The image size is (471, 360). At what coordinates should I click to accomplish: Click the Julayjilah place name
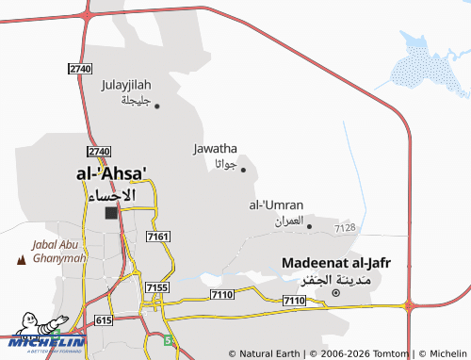tap(125, 85)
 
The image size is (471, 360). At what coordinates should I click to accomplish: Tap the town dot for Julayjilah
tap(157, 106)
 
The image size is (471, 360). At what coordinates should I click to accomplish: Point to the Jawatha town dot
tap(243, 170)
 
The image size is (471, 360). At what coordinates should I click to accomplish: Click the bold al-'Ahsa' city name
tap(111, 174)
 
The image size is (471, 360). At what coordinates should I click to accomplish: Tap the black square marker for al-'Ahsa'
tap(111, 213)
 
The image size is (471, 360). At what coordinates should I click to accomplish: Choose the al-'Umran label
tap(276, 205)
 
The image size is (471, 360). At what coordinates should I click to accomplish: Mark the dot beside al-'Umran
tap(309, 226)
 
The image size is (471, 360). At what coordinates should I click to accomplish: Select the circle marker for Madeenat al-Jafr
tap(335, 293)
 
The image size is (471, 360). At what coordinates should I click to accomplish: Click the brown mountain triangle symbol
tap(21, 258)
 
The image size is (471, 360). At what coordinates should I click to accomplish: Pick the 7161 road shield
tap(158, 236)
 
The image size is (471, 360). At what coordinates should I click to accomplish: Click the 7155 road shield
tap(157, 286)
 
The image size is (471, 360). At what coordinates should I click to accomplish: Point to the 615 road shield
tap(104, 321)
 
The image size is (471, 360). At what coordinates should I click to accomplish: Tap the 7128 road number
tap(345, 228)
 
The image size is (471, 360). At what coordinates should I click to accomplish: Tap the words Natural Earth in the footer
tap(270, 353)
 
